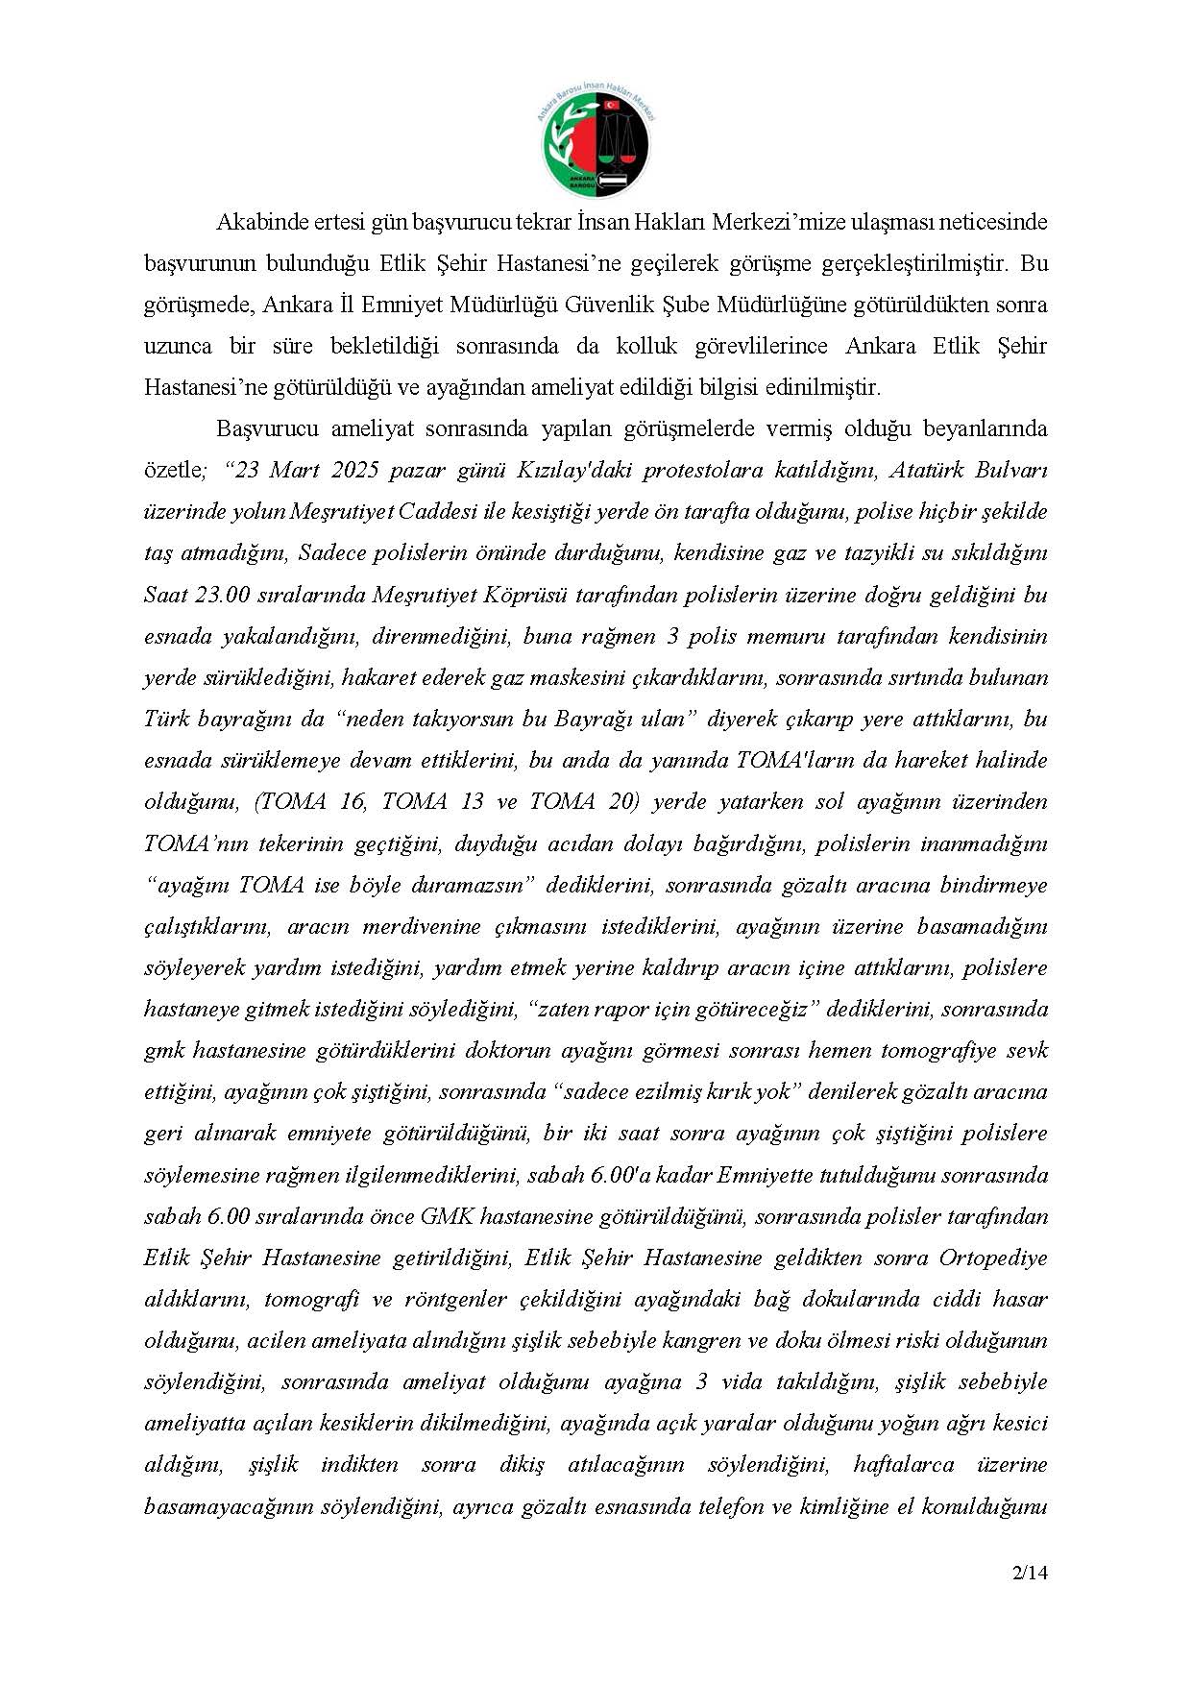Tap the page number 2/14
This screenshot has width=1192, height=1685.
pyautogui.click(x=1029, y=1574)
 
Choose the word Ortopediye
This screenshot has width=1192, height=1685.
pyautogui.click(x=992, y=1258)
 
